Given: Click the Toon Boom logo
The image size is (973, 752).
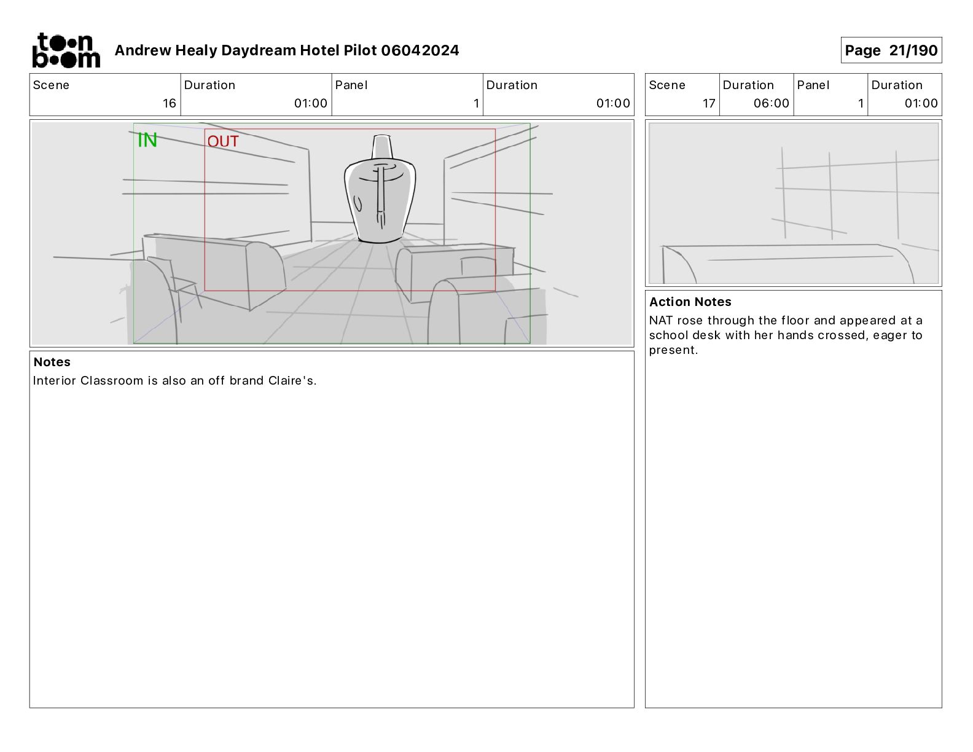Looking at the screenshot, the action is (x=66, y=50).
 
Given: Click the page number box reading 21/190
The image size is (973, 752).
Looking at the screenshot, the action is (x=891, y=50).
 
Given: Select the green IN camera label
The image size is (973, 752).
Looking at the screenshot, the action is (x=147, y=140).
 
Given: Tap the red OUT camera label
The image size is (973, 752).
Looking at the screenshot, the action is (x=223, y=141).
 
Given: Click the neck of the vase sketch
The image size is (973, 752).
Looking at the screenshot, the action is (x=382, y=146).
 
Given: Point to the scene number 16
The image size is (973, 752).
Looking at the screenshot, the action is (x=170, y=103).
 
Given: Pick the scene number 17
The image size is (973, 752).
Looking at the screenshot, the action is (x=709, y=103).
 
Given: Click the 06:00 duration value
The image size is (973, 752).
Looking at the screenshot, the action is (x=771, y=103).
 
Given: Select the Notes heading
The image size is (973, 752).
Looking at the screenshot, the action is (x=52, y=362).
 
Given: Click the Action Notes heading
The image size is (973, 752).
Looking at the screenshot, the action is (x=690, y=302).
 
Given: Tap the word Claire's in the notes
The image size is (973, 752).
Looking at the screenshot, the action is (x=292, y=381).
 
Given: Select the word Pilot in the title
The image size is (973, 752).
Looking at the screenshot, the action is (x=361, y=50).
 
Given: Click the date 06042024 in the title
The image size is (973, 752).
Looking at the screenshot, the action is (x=420, y=50).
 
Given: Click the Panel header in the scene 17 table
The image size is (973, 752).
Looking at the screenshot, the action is (x=813, y=85).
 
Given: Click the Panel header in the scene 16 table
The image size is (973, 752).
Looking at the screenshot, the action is (x=351, y=85).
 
